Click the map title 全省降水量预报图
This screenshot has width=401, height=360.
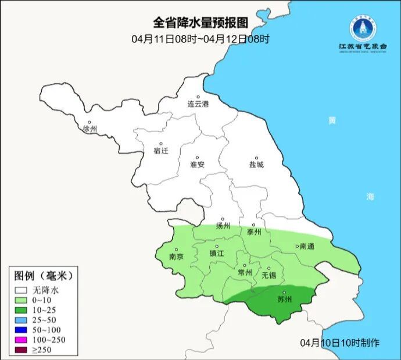200,23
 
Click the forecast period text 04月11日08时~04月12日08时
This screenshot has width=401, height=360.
201,39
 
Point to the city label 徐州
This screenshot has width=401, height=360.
91,129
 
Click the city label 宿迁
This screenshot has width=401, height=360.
160,151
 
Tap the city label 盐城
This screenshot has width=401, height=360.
256,165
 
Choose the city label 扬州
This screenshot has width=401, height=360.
223,226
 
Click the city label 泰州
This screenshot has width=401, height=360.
254,231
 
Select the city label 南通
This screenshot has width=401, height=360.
306,247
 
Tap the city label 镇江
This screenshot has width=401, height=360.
217,254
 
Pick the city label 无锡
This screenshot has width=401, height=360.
269,275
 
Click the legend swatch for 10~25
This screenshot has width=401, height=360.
22,309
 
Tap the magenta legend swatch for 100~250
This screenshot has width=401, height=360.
22,339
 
